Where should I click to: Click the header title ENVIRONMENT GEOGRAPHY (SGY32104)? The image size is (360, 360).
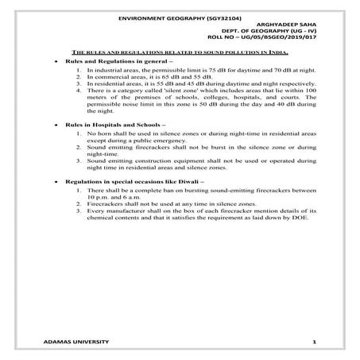pyautogui.click(x=180, y=17)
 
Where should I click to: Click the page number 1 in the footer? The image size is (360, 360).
pyautogui.click(x=315, y=342)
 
